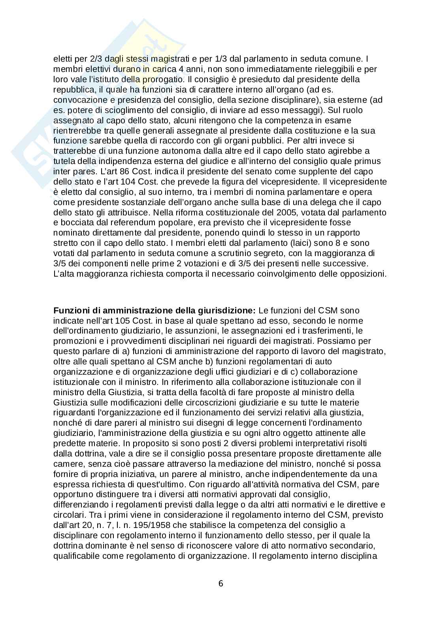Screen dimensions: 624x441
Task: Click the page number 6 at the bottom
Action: coord(220,583)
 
